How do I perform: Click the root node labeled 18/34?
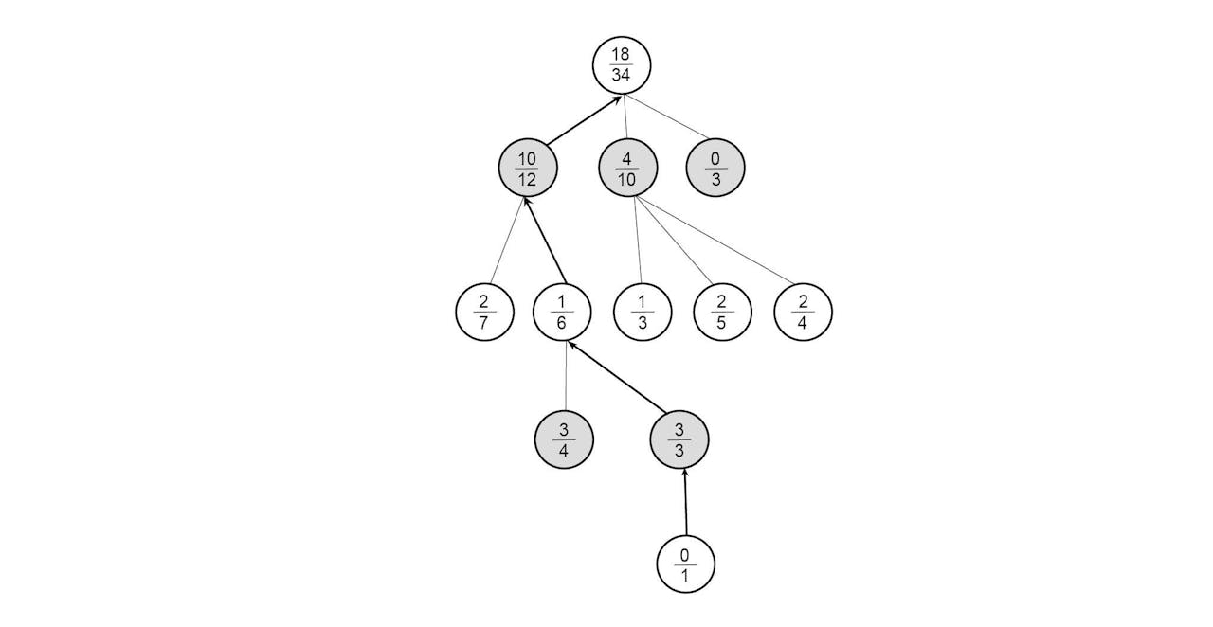click(x=621, y=65)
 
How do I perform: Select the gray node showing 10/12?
click(x=528, y=168)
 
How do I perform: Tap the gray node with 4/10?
click(x=627, y=168)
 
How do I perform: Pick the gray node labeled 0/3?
click(x=715, y=168)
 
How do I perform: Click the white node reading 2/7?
click(x=484, y=312)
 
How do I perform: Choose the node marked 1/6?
click(x=562, y=312)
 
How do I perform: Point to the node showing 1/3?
click(x=643, y=312)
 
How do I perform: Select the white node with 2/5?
click(x=722, y=312)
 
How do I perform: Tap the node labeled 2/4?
click(x=803, y=312)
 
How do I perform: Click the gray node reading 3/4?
click(x=564, y=439)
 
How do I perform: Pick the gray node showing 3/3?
click(x=679, y=439)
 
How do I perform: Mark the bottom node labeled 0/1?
click(x=685, y=564)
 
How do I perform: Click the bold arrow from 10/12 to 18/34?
click(x=583, y=120)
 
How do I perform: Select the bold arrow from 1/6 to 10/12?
click(x=545, y=241)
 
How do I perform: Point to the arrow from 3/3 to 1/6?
click(x=617, y=376)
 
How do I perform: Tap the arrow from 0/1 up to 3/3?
click(x=685, y=502)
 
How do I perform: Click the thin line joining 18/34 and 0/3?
click(x=665, y=116)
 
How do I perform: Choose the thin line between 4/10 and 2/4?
click(x=715, y=241)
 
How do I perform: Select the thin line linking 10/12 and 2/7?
click(x=507, y=241)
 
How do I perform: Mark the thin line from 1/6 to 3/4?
click(x=567, y=376)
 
